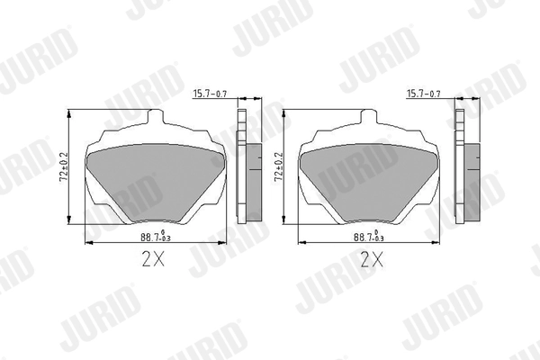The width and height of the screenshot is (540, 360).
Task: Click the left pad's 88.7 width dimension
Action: (x=154, y=237)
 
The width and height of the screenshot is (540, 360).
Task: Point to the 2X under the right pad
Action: (x=371, y=261)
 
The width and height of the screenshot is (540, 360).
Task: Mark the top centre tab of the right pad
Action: (x=371, y=120)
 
